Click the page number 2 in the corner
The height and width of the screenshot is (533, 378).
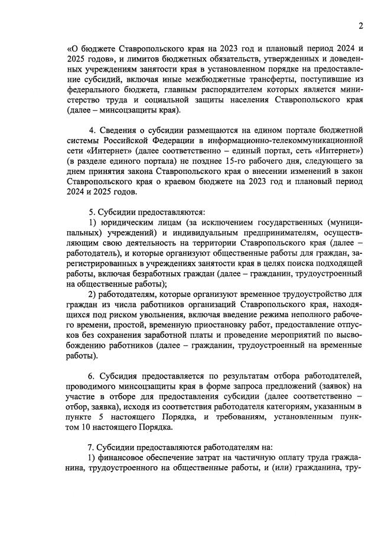point(360,25)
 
